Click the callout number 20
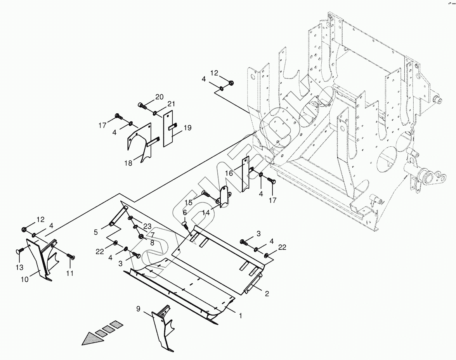pos(159,97)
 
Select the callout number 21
pos(171,104)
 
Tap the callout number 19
pos(187,128)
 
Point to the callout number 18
pos(128,163)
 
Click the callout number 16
pos(229,173)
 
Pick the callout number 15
pos(188,202)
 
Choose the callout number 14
pos(206,213)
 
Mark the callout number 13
pos(19,268)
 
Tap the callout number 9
pos(138,309)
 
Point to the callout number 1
pos(241,316)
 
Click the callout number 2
pos(267,294)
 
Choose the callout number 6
pos(184,213)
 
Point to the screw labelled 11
pos(70,256)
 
